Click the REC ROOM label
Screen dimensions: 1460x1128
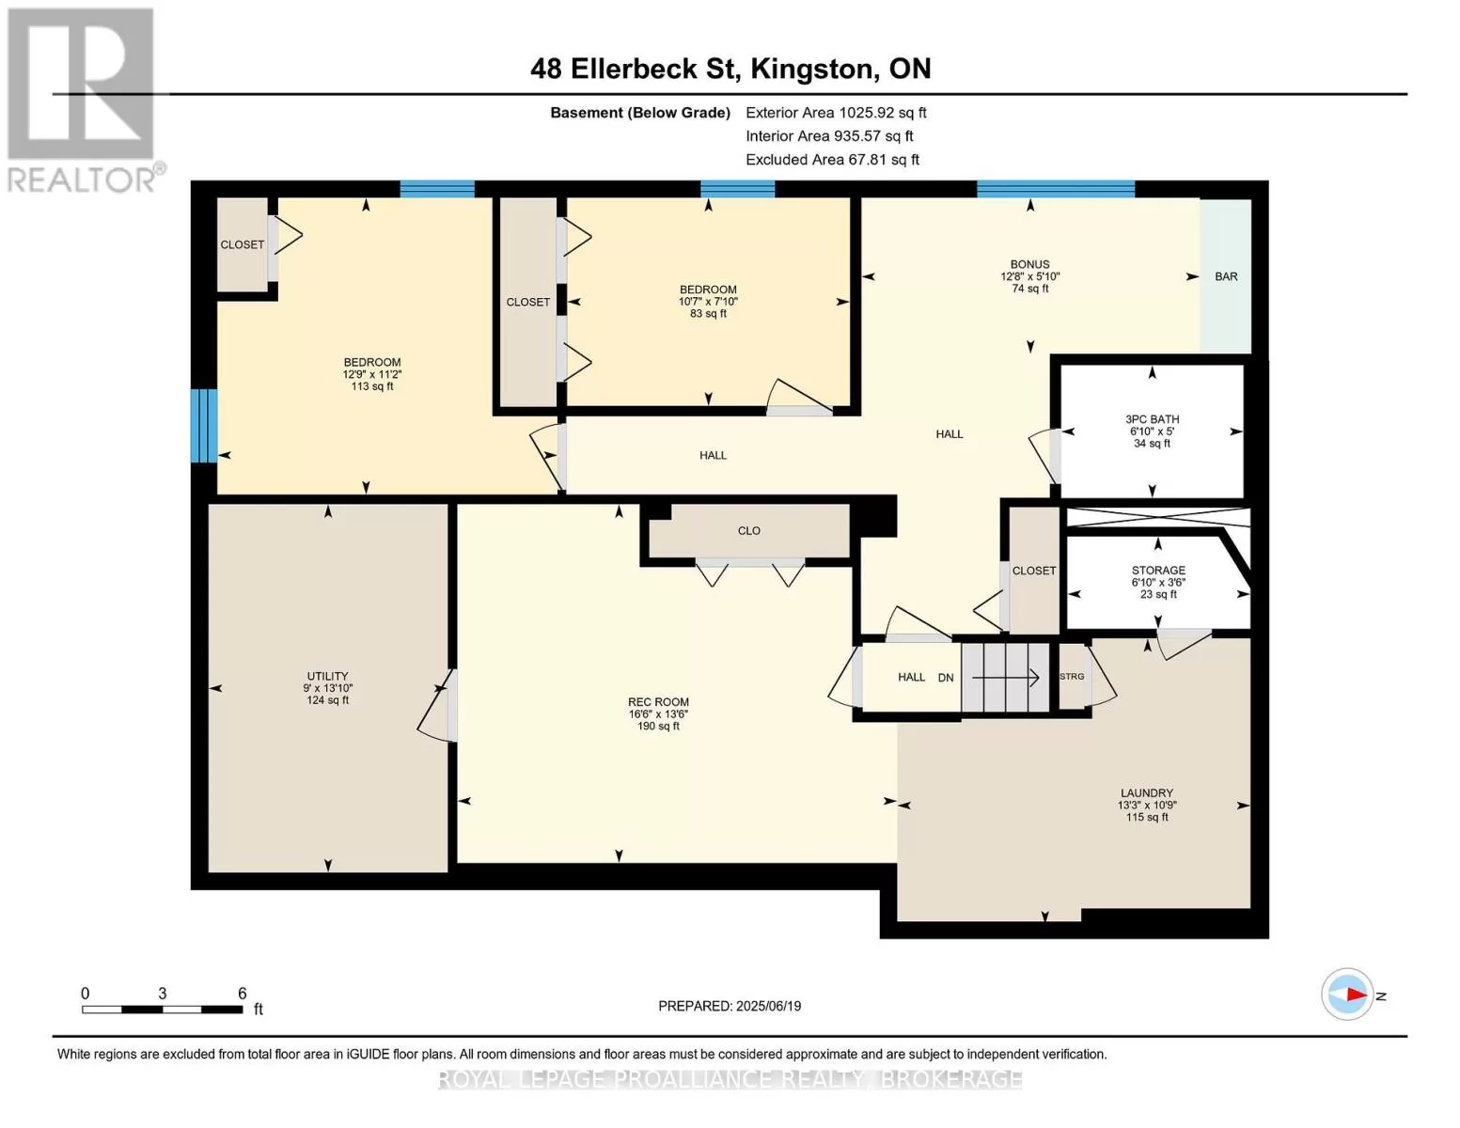(x=658, y=702)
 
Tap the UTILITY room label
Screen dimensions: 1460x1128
(x=327, y=676)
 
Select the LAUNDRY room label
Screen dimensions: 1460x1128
(x=1147, y=792)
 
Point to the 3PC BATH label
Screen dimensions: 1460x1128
(x=1153, y=419)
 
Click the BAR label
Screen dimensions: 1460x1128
(x=1226, y=276)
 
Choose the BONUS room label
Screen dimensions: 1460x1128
(x=1030, y=264)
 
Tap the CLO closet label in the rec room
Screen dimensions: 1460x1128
(x=749, y=531)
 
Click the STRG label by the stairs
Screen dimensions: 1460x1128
(x=1072, y=677)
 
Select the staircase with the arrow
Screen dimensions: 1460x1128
(x=1005, y=677)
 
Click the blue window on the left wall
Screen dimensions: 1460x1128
(x=204, y=426)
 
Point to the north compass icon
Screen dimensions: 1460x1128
(x=1347, y=994)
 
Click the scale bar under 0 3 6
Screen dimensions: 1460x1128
(x=162, y=1010)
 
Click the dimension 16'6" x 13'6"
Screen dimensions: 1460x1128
(x=658, y=714)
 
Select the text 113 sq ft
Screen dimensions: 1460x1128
(x=372, y=386)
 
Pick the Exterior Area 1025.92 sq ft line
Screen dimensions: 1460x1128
(x=837, y=113)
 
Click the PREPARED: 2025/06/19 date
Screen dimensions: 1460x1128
(x=730, y=1006)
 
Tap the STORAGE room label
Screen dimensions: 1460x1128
(x=1158, y=570)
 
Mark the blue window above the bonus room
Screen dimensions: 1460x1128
(x=1056, y=189)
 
